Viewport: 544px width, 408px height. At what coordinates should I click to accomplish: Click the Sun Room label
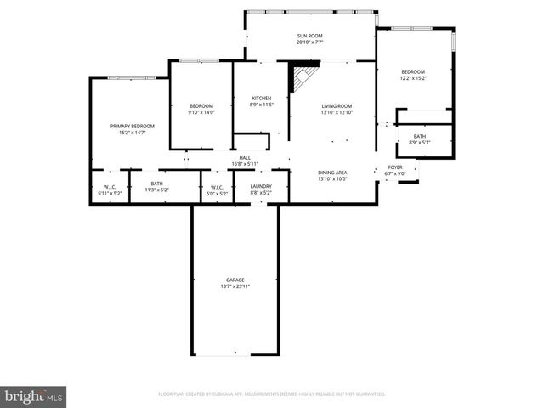coord(310,36)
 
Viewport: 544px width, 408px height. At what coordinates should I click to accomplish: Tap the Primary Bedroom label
coord(132,126)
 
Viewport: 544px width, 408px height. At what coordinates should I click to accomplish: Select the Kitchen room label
coord(260,98)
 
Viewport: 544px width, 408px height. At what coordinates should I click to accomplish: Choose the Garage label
coord(235,280)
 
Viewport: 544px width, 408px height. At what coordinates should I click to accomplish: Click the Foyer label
coord(395,167)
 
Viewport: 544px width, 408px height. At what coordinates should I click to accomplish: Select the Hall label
coord(245,157)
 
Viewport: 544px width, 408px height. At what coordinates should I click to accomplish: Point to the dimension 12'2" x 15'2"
coord(413,78)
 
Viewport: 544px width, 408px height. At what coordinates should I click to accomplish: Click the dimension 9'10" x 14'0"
coord(201,112)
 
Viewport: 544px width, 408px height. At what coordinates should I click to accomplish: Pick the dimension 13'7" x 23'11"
coord(235,286)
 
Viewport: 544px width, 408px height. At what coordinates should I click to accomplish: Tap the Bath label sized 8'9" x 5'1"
coord(420,136)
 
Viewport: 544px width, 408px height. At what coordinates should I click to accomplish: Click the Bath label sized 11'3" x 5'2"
coord(156,184)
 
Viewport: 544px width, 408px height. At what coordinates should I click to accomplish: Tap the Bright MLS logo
coord(34,395)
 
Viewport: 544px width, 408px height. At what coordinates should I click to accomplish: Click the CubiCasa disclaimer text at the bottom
coord(272,394)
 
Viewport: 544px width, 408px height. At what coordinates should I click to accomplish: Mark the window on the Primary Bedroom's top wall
coord(130,77)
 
